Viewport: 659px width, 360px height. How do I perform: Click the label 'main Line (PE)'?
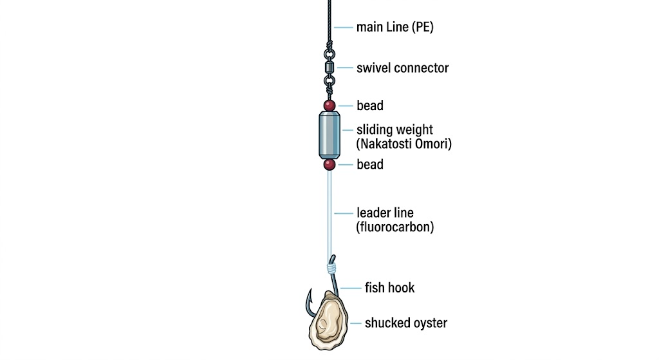pos(394,27)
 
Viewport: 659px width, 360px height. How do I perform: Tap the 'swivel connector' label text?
pos(403,68)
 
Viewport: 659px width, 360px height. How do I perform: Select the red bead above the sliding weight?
pos(329,105)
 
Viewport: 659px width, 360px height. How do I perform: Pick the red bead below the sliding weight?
pos(329,164)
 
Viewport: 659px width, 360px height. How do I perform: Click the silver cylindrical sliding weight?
pos(329,135)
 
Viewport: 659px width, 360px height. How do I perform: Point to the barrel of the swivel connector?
pos(329,67)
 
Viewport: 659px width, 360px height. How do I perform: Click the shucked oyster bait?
pos(328,321)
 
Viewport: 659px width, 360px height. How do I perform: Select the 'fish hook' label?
pos(389,288)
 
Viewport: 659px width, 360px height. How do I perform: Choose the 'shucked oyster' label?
pos(406,323)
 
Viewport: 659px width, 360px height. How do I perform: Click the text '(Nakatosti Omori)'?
pos(404,144)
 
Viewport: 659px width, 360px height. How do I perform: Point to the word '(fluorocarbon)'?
pos(395,227)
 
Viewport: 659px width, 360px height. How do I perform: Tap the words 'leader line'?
pos(385,213)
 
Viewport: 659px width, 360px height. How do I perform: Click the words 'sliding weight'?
pos(394,129)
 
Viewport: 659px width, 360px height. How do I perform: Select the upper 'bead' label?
pos(370,106)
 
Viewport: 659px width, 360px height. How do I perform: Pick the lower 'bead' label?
pos(370,164)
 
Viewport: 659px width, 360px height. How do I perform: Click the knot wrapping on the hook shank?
pos(331,267)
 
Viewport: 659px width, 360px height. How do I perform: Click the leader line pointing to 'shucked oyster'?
pos(355,323)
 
